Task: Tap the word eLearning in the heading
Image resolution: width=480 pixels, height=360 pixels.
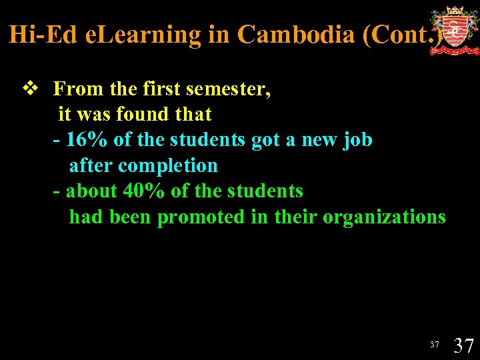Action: [x=143, y=35]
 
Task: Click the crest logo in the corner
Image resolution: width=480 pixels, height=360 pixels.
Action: [x=454, y=31]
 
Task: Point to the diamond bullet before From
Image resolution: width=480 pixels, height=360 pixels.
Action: [x=29, y=89]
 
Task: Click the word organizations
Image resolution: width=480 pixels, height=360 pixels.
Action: [x=384, y=217]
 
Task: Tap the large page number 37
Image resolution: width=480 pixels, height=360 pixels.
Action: [x=463, y=345]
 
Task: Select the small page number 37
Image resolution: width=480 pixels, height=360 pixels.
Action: [x=435, y=345]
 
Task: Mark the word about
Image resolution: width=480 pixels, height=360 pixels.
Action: [x=92, y=191]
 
